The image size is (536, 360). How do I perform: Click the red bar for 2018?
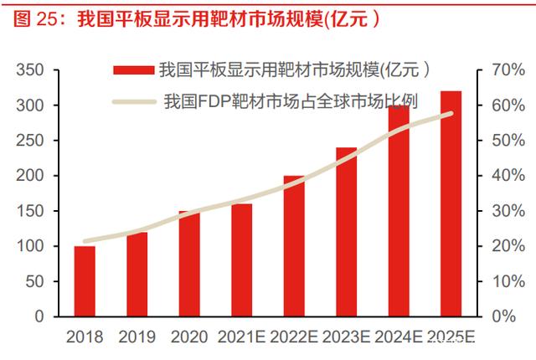[85, 281]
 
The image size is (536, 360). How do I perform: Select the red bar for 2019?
[137, 274]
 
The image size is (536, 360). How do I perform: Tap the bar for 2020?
[189, 264]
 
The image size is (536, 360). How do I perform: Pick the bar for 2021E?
[241, 260]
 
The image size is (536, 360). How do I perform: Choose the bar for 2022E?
[294, 246]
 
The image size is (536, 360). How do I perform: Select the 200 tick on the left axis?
[31, 176]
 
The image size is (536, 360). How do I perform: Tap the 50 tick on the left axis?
[35, 281]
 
